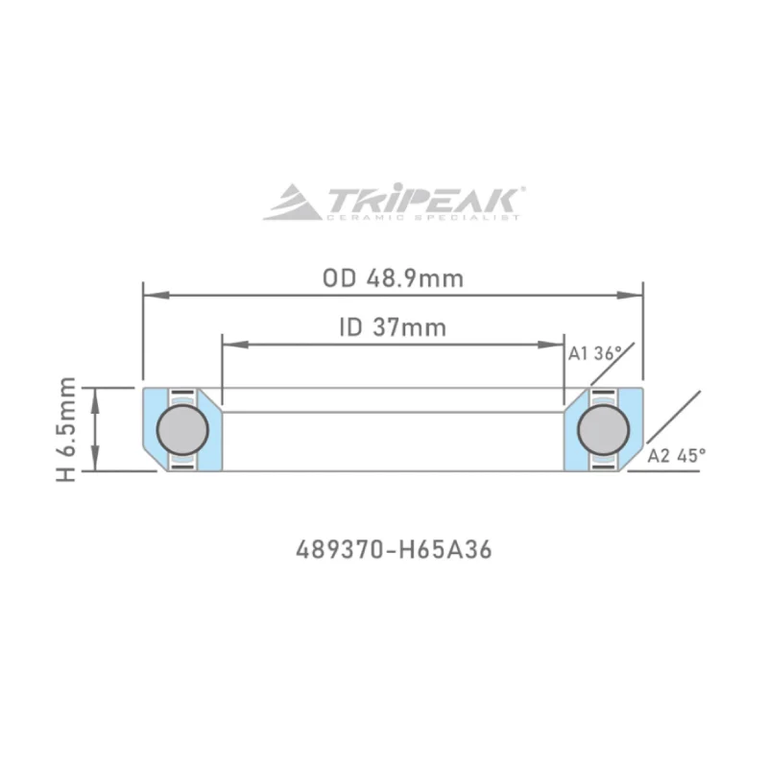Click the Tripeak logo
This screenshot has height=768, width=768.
(x=394, y=203)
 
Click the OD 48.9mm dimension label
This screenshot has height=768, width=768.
(x=393, y=278)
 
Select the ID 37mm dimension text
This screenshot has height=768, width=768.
(x=393, y=327)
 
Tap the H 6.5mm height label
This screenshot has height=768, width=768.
(x=66, y=429)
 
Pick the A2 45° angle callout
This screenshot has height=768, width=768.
(x=676, y=455)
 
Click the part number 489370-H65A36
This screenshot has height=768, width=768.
(x=394, y=551)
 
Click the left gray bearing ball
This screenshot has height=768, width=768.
(x=180, y=429)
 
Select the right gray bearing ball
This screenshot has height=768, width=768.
(x=604, y=429)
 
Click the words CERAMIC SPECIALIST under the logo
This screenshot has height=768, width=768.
(x=422, y=218)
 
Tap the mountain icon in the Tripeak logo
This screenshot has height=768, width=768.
(x=293, y=204)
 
